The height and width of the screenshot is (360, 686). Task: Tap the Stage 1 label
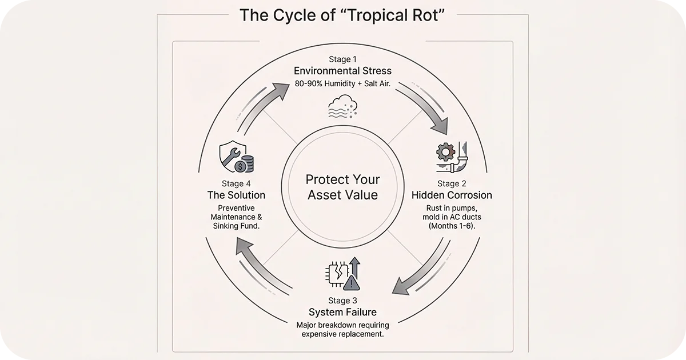point(342,59)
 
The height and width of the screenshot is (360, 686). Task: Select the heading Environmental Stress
point(342,71)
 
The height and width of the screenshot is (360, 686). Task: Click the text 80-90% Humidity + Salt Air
point(342,84)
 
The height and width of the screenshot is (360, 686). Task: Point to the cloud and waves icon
point(342,106)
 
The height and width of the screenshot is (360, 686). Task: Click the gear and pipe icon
point(451,158)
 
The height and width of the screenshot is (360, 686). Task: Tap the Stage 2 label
point(452,183)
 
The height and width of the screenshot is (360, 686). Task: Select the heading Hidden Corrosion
point(452,195)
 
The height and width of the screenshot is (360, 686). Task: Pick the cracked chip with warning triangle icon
point(342,274)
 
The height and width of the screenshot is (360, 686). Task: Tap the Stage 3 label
point(342,300)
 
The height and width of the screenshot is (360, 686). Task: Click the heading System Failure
point(342,312)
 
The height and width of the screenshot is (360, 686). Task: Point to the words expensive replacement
point(342,334)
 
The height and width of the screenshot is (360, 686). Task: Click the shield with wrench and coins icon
point(236,157)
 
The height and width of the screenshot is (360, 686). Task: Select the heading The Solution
point(236,195)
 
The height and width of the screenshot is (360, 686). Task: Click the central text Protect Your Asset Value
point(342,187)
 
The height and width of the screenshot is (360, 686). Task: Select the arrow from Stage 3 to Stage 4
point(260,269)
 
